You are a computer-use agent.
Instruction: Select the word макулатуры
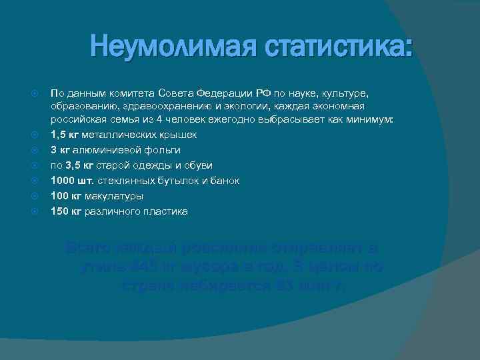click(114, 197)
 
